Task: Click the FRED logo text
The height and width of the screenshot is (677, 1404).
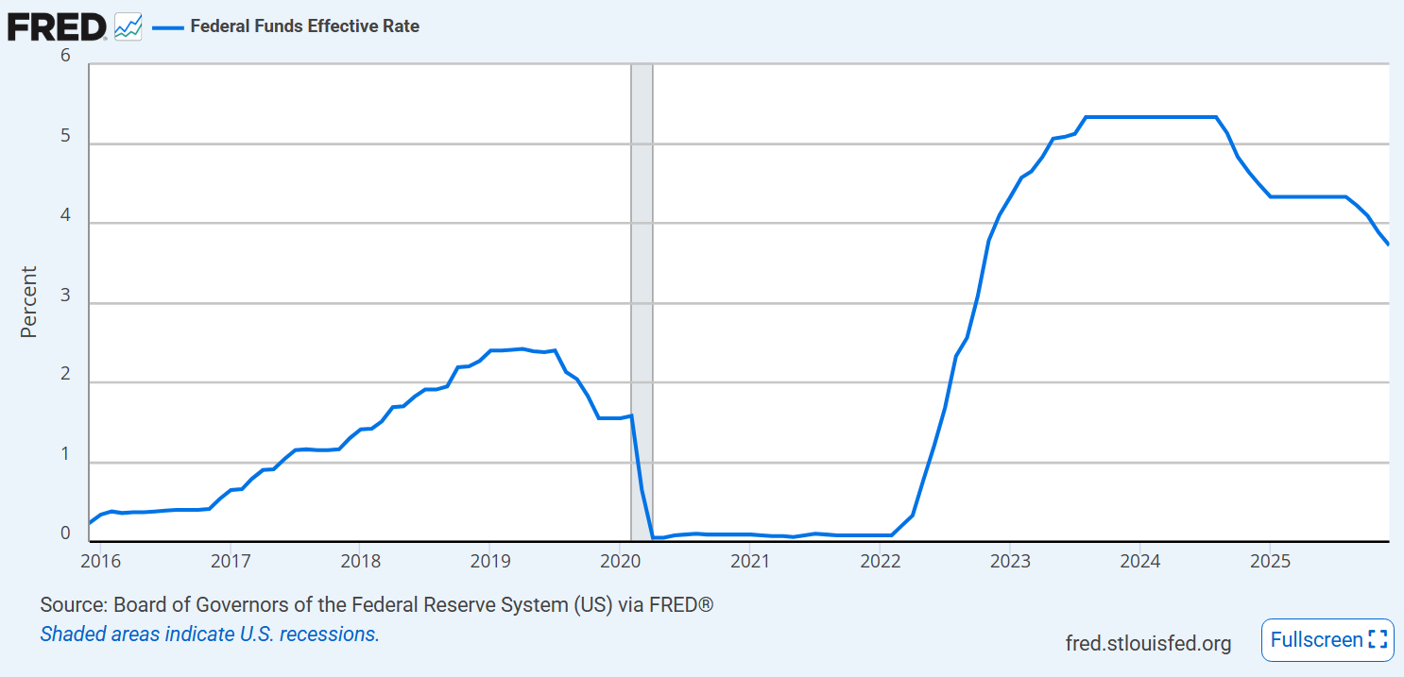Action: [x=57, y=26]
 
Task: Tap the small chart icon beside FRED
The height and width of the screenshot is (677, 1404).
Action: [x=128, y=26]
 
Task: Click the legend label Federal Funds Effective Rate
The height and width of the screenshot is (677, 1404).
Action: [x=304, y=26]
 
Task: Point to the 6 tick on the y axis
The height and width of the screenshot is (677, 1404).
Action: [x=65, y=56]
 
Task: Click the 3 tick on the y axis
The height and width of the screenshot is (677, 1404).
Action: [x=65, y=296]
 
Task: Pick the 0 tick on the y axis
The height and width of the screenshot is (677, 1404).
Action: [x=65, y=534]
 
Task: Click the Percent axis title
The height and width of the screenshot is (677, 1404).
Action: [x=29, y=302]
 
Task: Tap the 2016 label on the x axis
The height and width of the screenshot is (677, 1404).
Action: [x=101, y=560]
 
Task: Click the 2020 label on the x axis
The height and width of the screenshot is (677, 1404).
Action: [x=619, y=560]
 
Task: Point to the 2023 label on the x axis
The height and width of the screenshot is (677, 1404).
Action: [x=1009, y=560]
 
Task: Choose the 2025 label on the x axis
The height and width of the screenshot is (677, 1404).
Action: [x=1270, y=560]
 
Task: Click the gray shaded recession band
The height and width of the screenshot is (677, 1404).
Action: [x=642, y=283]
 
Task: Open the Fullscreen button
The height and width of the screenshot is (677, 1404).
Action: [x=1327, y=640]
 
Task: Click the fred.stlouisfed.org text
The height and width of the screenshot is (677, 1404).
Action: [x=1148, y=644]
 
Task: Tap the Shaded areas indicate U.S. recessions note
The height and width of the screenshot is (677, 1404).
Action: [x=210, y=635]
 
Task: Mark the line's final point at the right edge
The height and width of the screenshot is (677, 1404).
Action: [x=1388, y=245]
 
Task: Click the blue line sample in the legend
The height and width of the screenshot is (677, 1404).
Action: [x=167, y=26]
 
